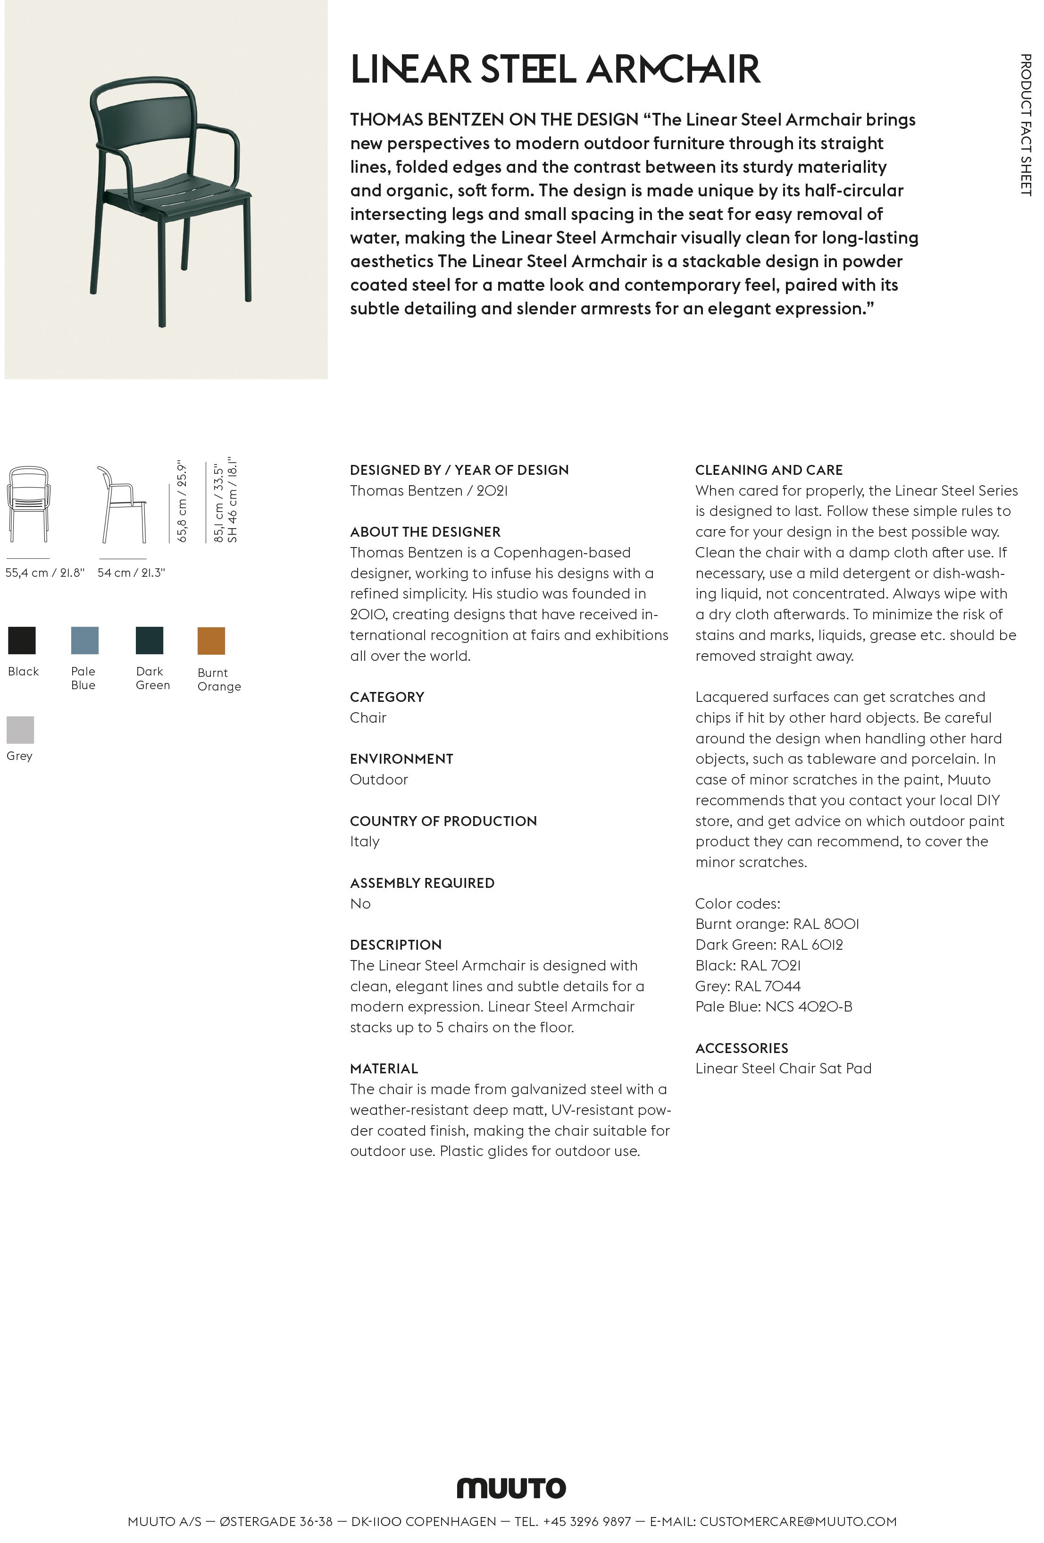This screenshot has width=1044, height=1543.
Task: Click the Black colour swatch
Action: tap(22, 640)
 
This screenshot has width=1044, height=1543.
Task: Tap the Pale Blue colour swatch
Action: tap(84, 640)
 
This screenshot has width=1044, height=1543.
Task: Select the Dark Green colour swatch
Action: tap(150, 640)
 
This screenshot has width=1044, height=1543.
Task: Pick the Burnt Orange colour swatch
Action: tap(211, 641)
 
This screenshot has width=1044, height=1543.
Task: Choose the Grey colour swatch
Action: tap(20, 730)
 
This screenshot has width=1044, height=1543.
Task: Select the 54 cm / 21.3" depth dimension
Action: tap(131, 573)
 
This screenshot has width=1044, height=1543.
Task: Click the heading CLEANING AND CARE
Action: tap(768, 470)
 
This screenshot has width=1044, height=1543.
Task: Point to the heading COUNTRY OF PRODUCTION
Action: tap(443, 821)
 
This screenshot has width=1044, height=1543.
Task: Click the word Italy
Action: tap(364, 842)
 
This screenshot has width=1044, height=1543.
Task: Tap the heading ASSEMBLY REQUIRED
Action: tap(422, 883)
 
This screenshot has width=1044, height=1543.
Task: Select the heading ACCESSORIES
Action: tap(741, 1048)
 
